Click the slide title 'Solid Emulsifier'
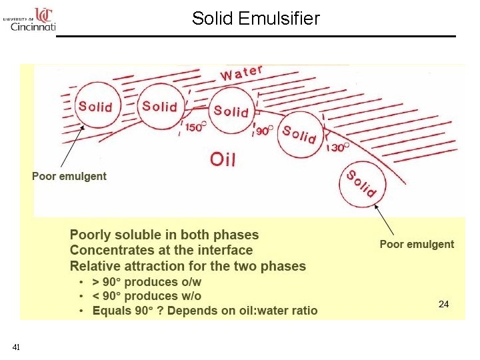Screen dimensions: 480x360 256,18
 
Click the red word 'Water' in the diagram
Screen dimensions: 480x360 242,72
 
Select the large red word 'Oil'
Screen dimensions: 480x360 223,159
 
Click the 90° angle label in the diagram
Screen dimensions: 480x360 265,131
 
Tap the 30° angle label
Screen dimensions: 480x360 339,147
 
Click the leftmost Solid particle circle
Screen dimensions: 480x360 95,106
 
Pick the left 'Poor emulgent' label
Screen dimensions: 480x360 69,176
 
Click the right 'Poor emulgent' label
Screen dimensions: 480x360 417,244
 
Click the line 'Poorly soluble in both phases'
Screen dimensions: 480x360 164,235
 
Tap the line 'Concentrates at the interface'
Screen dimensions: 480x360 161,250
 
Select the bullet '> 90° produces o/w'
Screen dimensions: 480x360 147,282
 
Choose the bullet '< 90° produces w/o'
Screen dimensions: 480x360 147,296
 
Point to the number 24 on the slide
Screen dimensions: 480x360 443,304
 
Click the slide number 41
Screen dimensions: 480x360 16,347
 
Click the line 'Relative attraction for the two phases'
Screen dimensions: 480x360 188,266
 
